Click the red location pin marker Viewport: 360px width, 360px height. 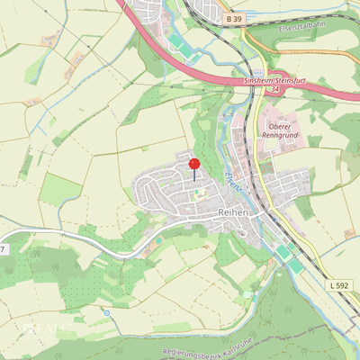point(194,164)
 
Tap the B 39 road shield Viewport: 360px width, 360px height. point(235,19)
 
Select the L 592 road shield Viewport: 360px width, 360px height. point(339,285)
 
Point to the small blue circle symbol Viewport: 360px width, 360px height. point(107,312)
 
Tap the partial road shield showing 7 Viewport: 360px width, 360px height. point(3,248)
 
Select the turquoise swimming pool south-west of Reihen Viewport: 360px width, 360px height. point(159,240)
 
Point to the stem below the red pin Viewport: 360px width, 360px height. point(194,175)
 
